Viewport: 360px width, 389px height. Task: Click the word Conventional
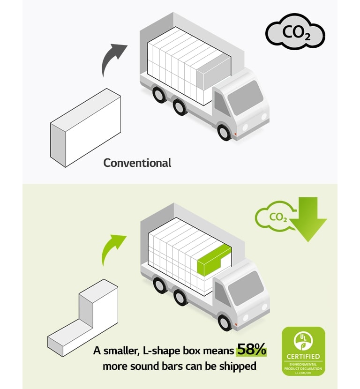click(x=137, y=163)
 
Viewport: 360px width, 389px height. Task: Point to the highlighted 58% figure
click(x=251, y=349)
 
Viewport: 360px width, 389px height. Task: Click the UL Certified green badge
click(x=303, y=351)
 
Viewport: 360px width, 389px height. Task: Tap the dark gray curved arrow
click(x=113, y=59)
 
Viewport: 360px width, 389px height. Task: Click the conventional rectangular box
click(x=85, y=127)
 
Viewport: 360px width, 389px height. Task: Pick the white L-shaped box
click(x=84, y=319)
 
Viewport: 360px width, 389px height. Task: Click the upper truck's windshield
click(x=252, y=96)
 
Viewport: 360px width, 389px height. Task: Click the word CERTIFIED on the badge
click(x=303, y=357)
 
